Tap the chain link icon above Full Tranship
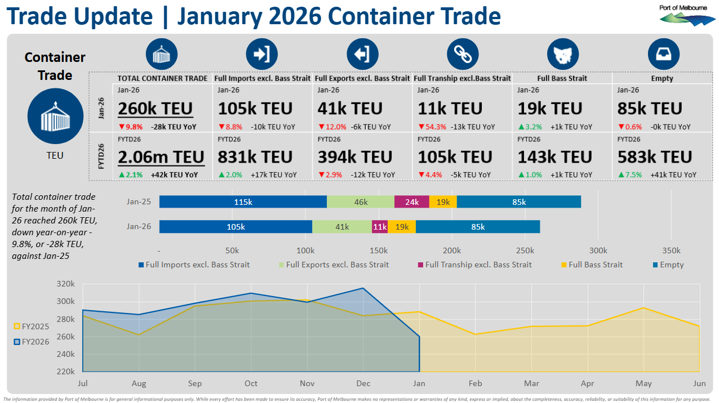click(x=463, y=55)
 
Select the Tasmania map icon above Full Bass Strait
click(x=562, y=55)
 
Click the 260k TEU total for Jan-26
click(x=156, y=109)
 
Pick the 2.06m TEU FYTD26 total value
click(x=161, y=156)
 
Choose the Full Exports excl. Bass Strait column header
click(x=362, y=78)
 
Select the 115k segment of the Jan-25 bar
click(x=243, y=201)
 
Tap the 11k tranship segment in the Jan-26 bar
click(x=380, y=227)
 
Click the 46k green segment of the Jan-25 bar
click(x=361, y=201)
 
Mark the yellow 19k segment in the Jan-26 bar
click(x=402, y=227)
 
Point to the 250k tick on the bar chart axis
click(x=525, y=250)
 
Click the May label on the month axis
click(x=643, y=383)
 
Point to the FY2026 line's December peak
click(x=363, y=289)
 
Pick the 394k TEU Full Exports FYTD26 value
click(x=355, y=156)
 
